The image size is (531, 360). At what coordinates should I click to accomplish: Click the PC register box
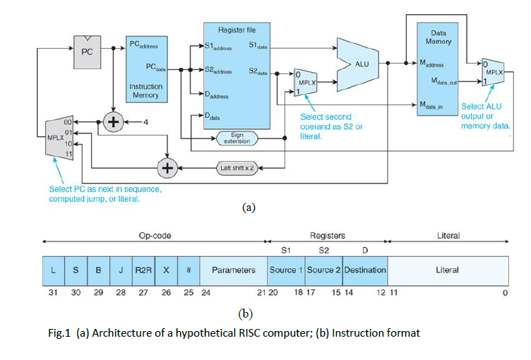point(88,51)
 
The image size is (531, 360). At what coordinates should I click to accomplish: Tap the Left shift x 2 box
point(238,168)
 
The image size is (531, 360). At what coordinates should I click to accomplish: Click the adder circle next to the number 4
point(112,121)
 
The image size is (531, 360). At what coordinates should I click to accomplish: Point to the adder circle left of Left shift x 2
point(167,168)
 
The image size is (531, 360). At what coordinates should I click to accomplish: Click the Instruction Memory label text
point(145,90)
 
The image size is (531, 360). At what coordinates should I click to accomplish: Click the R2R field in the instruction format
point(143,270)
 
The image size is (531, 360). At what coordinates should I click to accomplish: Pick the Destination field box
point(365,270)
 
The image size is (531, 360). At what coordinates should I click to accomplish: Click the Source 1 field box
point(286,270)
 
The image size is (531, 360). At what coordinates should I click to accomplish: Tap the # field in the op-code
point(189,270)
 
